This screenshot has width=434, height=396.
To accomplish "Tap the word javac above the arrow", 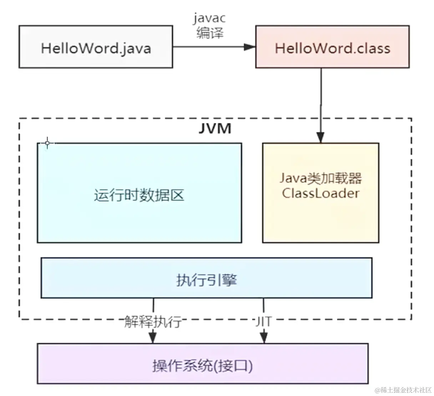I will point(210,18).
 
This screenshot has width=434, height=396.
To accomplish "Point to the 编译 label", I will point(210,33).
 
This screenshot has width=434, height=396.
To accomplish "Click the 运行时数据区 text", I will point(139,195).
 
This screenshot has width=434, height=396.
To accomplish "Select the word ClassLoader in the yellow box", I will point(321,193).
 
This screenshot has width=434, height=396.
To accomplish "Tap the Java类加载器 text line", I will point(321,178).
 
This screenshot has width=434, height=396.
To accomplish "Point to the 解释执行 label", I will point(153,322).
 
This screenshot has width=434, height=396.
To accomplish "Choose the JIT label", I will point(263,322).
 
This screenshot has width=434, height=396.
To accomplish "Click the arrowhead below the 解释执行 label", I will point(153,337).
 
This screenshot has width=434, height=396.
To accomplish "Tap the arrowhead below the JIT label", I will point(263,337).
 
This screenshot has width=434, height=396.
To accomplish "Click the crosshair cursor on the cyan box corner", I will point(47,143).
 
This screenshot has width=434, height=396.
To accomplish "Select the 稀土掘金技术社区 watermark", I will point(403,390).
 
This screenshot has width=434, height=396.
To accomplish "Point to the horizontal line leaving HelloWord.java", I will point(207,47).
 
